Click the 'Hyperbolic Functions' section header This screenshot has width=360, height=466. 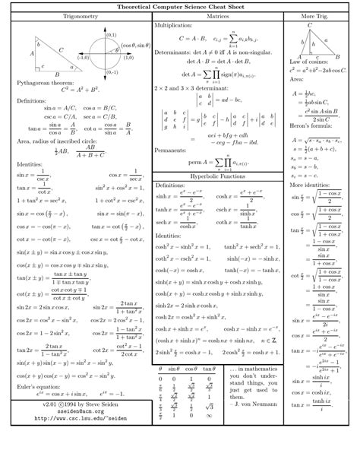tap(217, 176)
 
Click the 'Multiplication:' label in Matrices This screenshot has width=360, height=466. tap(174, 25)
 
